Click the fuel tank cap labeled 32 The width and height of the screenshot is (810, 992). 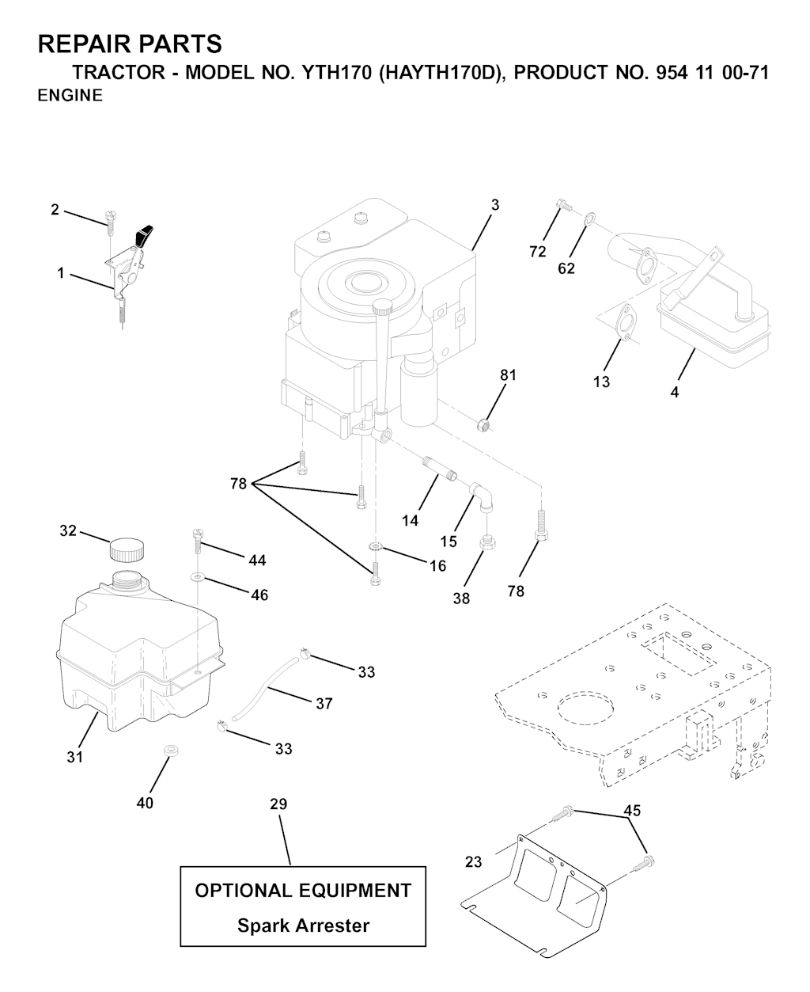pyautogui.click(x=127, y=549)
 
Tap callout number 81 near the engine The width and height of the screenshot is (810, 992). pyautogui.click(x=508, y=375)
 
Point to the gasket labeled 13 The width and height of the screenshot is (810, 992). pyautogui.click(x=621, y=322)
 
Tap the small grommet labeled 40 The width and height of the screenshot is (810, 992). pyautogui.click(x=168, y=750)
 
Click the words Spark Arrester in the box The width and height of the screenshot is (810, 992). pyautogui.click(x=304, y=925)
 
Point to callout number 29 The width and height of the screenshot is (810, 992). pyautogui.click(x=278, y=804)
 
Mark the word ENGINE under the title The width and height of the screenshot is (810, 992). pyautogui.click(x=70, y=96)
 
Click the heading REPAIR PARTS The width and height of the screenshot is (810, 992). pyautogui.click(x=130, y=44)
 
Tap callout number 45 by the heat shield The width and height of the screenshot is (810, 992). pyautogui.click(x=632, y=811)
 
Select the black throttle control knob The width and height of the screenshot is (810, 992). pyautogui.click(x=146, y=235)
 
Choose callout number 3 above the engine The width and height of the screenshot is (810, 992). pyautogui.click(x=495, y=205)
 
